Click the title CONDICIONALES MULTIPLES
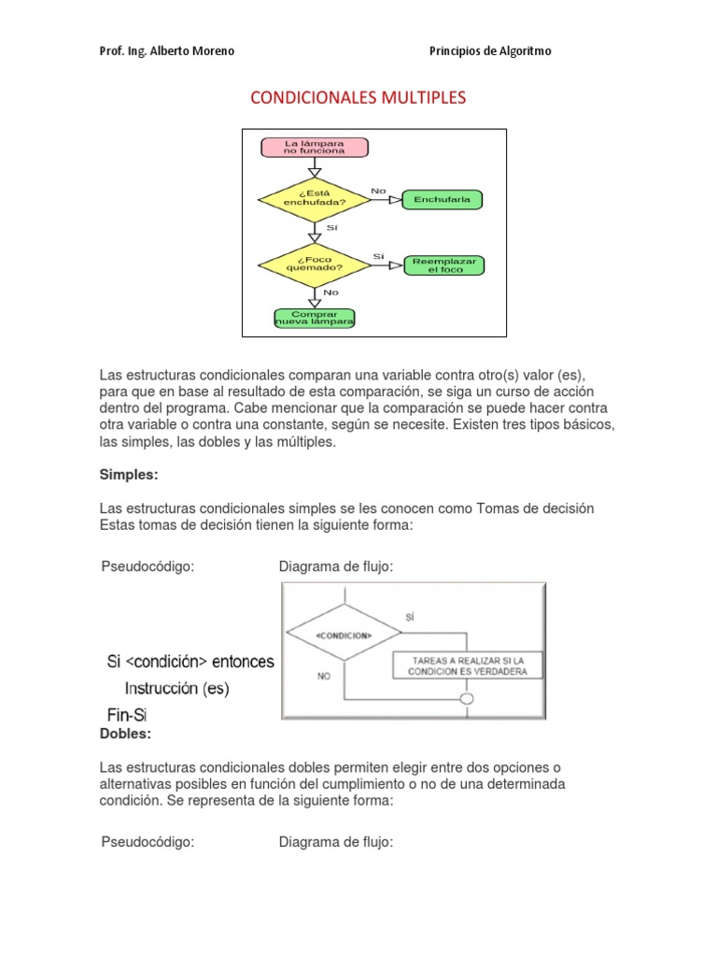tap(358, 97)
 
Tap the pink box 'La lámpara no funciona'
tap(315, 147)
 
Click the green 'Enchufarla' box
tap(442, 199)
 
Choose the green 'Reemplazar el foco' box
tap(444, 264)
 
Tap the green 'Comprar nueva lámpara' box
tap(315, 319)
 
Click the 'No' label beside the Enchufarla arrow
tap(378, 191)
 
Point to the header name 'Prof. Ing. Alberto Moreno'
tap(167, 51)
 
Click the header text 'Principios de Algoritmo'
tap(490, 51)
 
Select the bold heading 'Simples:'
tap(129, 475)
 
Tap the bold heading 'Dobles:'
tap(126, 734)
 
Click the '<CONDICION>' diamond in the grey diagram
tap(344, 636)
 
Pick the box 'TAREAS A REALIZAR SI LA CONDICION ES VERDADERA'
tap(464, 664)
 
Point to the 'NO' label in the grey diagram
tap(324, 675)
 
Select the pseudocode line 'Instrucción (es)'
tap(177, 689)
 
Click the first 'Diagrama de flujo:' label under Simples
tap(336, 566)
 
